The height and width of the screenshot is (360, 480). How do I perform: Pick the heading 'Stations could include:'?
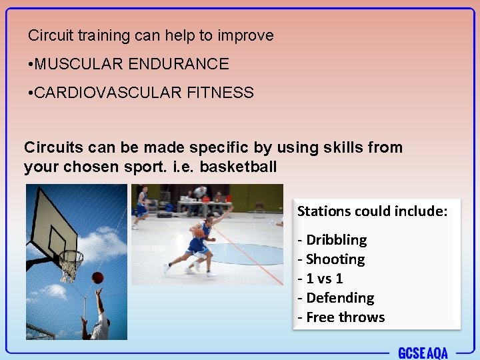coord(373,211)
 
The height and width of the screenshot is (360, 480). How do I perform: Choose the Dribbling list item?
coord(336,240)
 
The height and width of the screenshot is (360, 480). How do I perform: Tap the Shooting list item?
coord(335,259)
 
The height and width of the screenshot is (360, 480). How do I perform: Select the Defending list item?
coord(339,298)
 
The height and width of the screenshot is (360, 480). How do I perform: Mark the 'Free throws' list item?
coord(345,317)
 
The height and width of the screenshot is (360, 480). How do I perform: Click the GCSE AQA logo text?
coord(422,353)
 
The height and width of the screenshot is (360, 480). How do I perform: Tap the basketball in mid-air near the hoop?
coord(97,277)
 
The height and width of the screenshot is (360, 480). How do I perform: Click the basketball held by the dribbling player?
coord(197,233)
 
